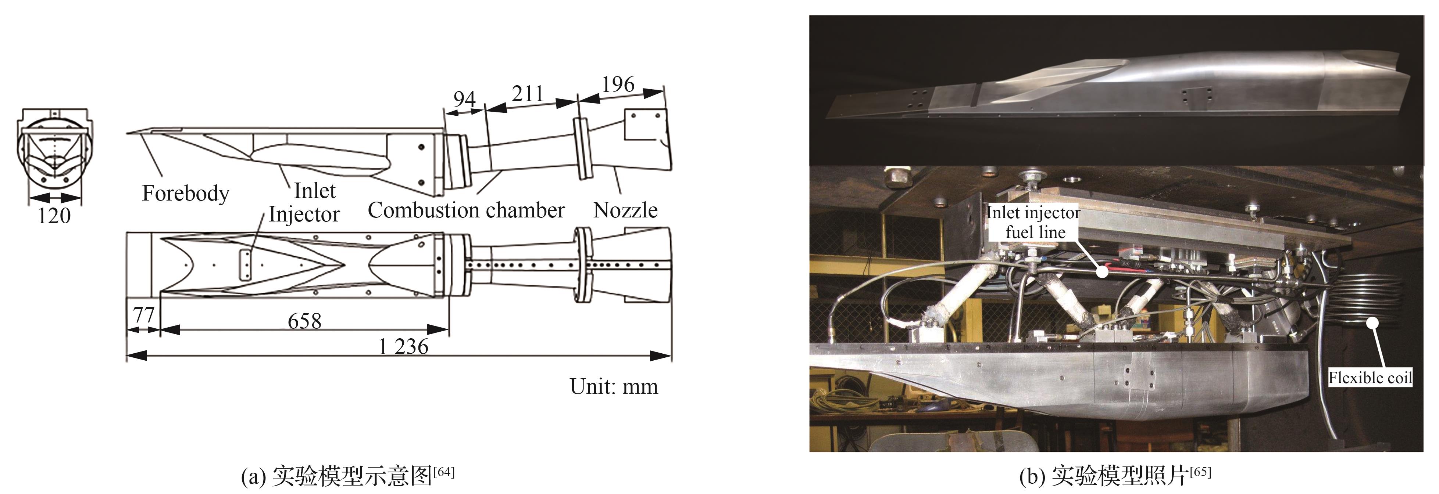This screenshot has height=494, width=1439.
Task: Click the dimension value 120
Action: (54, 216)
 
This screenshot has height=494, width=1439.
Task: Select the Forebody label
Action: (185, 193)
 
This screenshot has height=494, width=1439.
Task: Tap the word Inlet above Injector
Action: (314, 191)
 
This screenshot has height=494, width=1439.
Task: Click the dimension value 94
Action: (464, 99)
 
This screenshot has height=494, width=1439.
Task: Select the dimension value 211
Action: (527, 93)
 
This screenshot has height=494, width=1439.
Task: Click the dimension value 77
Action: (143, 315)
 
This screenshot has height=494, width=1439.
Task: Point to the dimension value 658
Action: (304, 321)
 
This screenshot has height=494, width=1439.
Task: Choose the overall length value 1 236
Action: (403, 347)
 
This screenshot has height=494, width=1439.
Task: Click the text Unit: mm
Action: (613, 386)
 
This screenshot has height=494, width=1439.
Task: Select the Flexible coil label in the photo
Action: (1370, 378)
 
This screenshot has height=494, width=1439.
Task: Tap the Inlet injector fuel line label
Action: (1033, 222)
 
